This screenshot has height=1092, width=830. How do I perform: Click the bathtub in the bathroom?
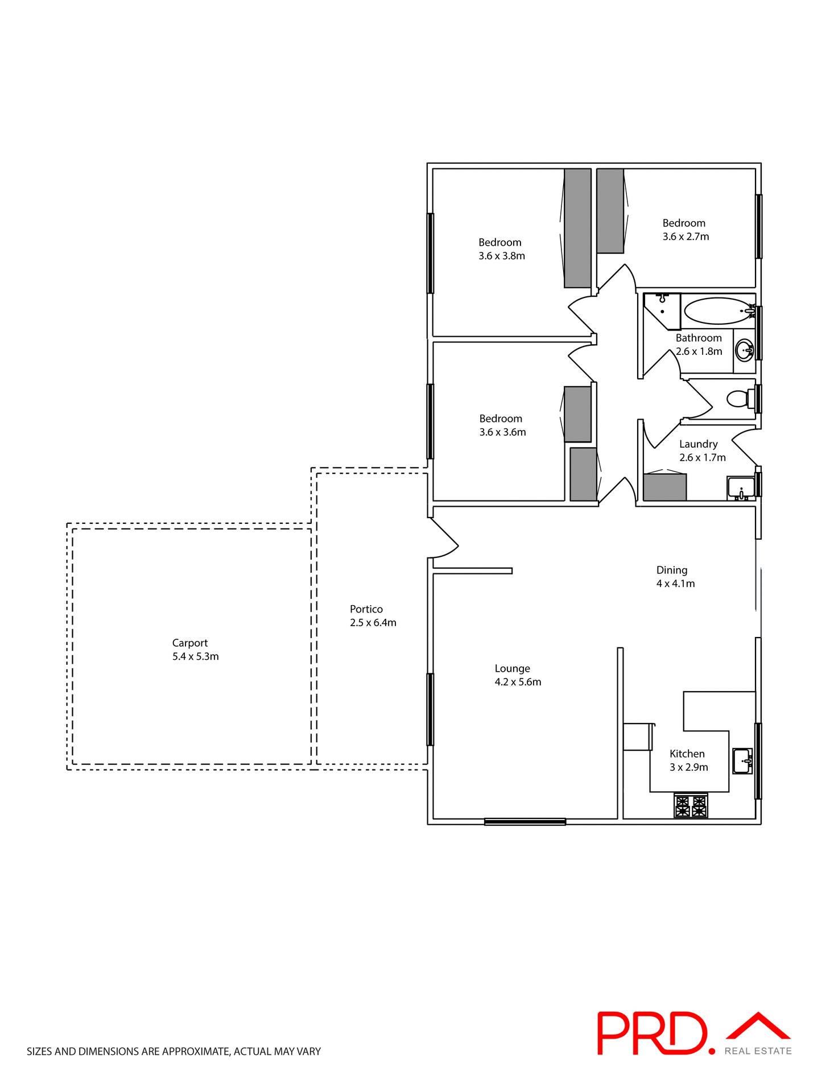[718, 311]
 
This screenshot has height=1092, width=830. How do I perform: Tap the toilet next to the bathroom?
[739, 399]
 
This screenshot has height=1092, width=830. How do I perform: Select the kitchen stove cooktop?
[691, 806]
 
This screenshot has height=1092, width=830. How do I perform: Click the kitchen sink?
[742, 760]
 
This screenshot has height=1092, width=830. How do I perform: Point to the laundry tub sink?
[741, 488]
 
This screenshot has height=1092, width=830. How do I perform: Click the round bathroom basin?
[744, 350]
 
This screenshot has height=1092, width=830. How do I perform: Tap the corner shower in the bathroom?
[662, 310]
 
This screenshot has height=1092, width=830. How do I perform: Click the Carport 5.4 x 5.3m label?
[195, 650]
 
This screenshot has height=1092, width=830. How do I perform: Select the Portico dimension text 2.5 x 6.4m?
[373, 623]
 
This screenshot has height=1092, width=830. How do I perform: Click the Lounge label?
[512, 668]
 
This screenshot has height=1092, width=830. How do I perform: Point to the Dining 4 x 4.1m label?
[675, 577]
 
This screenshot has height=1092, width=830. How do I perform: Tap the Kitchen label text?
[687, 754]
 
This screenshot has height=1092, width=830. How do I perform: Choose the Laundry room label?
[698, 444]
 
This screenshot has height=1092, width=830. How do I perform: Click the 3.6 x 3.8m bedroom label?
[501, 256]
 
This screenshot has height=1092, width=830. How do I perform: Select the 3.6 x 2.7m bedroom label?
[686, 237]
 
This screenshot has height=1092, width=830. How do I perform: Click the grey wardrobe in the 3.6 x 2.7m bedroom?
[610, 210]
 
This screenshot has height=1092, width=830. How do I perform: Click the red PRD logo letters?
[652, 1033]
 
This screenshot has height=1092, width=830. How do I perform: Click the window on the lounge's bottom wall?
[525, 821]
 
